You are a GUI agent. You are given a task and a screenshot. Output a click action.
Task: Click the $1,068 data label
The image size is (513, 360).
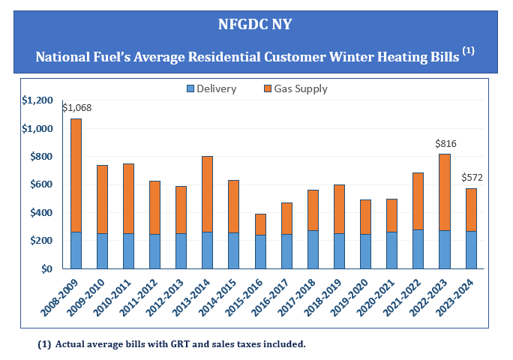tap(76, 108)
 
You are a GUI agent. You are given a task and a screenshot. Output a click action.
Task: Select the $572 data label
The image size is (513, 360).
tap(472, 177)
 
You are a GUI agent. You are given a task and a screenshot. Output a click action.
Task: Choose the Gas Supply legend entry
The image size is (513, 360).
tap(295, 88)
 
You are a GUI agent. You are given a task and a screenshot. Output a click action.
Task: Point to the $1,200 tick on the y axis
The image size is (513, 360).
tap(37, 100)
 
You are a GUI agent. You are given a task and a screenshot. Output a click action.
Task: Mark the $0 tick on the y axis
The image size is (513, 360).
tap(47, 268)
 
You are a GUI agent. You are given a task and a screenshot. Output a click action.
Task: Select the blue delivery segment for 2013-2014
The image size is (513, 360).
tap(208, 250)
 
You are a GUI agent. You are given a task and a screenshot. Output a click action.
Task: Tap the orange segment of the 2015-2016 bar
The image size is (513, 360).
tap(260, 224)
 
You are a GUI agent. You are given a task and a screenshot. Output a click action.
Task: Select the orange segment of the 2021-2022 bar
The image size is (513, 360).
tap(418, 201)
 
